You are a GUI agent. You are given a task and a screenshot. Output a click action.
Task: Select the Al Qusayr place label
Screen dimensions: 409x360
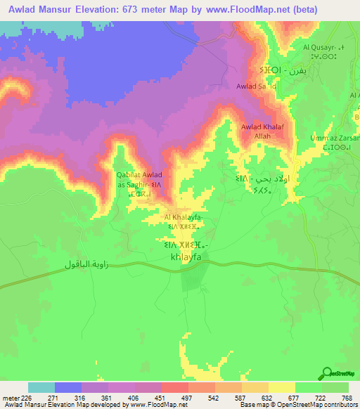coord(321,48)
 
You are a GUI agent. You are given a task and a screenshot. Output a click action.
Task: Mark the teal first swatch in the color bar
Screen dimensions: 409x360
coord(41,387)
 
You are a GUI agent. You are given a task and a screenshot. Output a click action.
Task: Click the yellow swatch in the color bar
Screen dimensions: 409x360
coord(281,387)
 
